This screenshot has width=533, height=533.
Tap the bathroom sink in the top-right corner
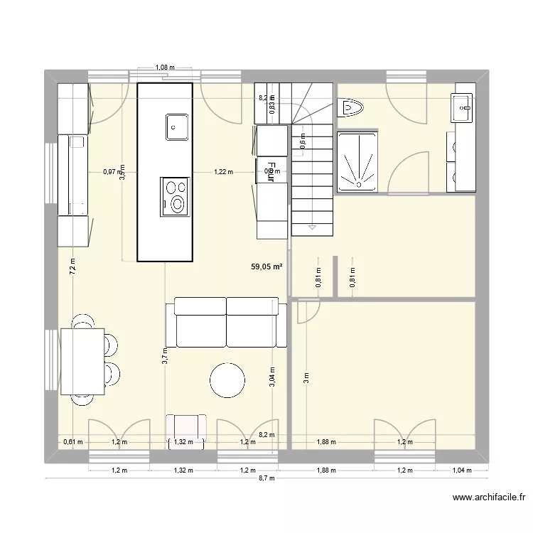463,108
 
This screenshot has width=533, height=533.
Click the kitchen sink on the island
176,127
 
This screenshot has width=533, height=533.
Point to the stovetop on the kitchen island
175,196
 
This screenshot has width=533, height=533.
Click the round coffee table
228,380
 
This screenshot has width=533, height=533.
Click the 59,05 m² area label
266,267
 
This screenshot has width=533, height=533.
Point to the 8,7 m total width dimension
267,480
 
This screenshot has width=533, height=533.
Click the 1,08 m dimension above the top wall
164,68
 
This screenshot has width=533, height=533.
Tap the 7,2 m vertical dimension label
72,266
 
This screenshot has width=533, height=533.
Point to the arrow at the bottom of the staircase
311,227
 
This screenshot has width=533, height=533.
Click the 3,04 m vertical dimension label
271,375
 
